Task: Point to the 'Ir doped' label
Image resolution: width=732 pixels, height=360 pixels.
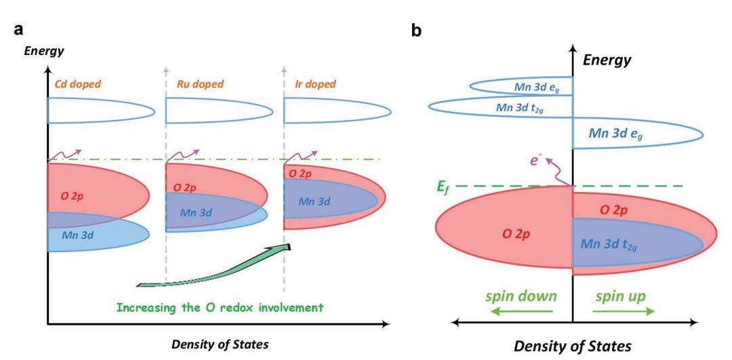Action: click(x=314, y=87)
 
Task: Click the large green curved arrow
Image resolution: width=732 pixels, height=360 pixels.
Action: click(x=217, y=268)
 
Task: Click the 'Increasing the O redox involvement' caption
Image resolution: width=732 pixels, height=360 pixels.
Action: click(x=220, y=307)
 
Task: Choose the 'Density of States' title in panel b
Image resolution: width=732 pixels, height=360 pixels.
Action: click(x=573, y=346)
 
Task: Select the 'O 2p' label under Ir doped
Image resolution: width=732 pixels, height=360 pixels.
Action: click(x=303, y=174)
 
